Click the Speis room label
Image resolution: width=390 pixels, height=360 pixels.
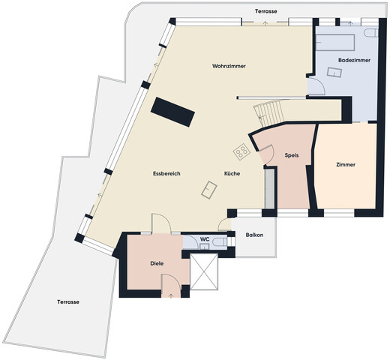coord(292,155)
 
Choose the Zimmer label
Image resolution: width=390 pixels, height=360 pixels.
coord(346,165)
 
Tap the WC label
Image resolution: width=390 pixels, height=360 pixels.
coord(203,240)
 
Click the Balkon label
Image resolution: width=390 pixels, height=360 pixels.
coord(254,235)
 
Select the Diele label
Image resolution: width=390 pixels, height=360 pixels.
coord(157,264)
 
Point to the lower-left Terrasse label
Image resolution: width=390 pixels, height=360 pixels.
coord(68,301)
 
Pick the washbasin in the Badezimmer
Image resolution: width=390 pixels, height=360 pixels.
coord(332,73)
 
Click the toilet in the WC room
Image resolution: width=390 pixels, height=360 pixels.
coord(217,243)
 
